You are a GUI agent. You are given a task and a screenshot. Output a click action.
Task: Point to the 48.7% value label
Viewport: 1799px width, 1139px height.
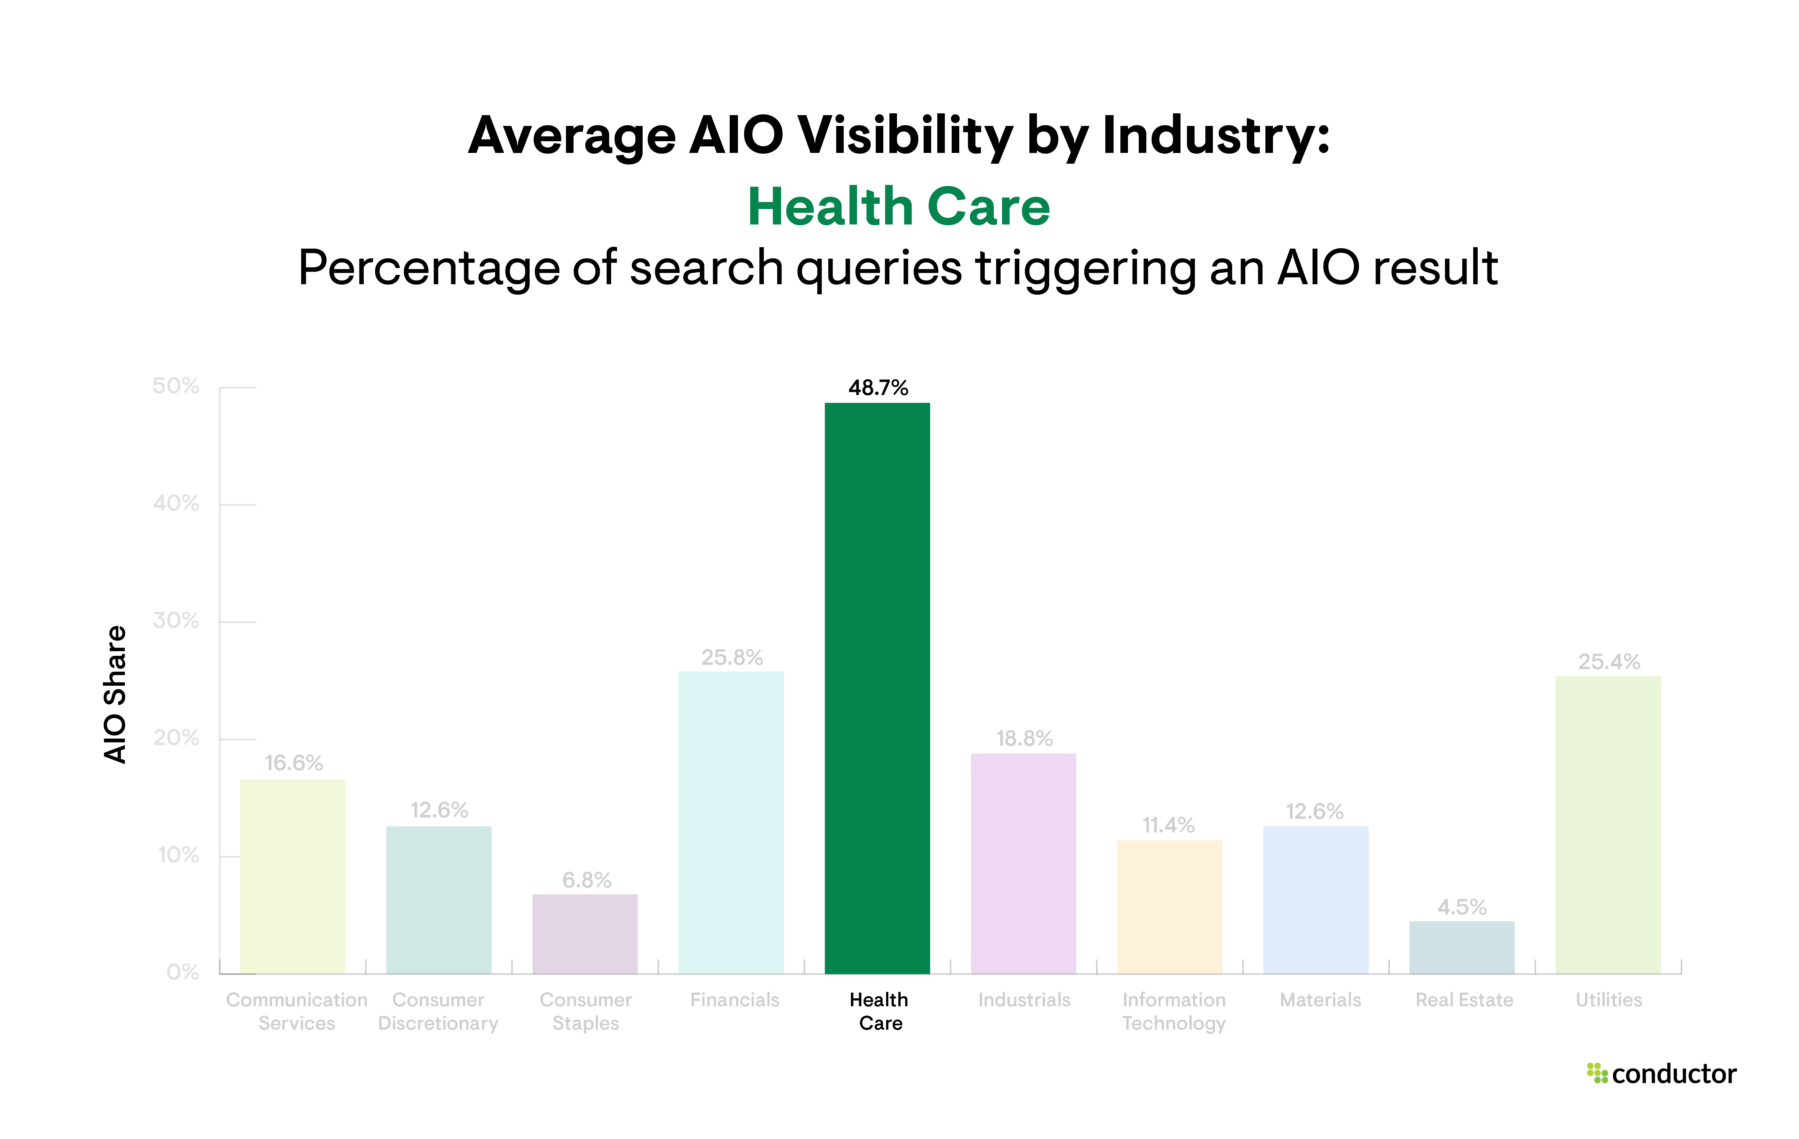coord(878,387)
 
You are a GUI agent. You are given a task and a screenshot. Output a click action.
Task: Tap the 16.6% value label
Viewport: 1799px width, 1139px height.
coord(294,763)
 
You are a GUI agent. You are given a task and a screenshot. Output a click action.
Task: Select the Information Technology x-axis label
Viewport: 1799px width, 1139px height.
coord(1174,1011)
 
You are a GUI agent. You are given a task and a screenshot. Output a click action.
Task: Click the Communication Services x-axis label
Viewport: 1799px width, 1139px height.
coord(296,1011)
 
